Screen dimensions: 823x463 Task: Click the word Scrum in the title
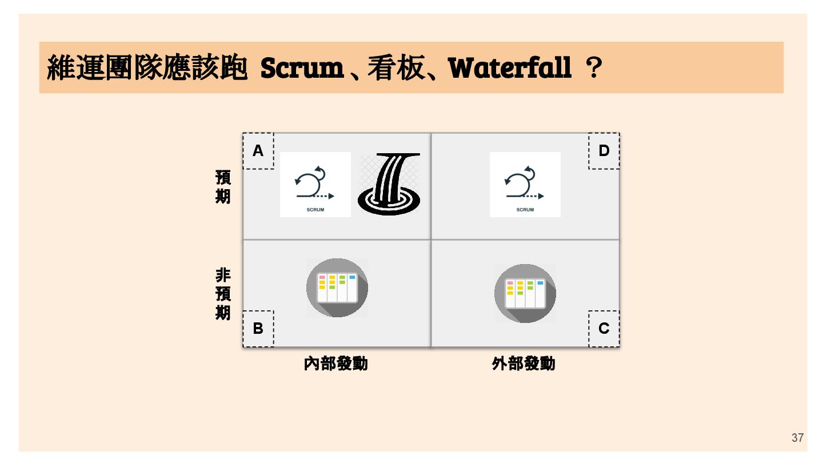301,69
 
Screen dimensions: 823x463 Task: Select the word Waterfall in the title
510,69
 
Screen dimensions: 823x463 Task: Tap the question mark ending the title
594,69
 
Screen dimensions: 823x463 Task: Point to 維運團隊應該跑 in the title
147,69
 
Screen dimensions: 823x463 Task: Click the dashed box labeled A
258,151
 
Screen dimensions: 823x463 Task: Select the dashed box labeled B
258,329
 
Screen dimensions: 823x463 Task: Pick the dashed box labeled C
604,329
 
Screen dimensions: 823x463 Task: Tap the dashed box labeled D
604,151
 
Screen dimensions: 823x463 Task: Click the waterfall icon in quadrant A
389,183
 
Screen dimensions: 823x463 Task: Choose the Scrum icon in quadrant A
315,184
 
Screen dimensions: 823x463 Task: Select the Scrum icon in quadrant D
525,184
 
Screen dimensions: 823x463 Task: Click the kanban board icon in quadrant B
337,288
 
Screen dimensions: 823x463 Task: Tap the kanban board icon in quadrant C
525,293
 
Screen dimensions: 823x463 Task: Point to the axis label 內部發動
335,364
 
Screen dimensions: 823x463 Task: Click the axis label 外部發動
523,364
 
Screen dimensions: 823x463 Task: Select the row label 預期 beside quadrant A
223,186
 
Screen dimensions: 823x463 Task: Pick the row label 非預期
223,294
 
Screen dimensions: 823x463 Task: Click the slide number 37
797,438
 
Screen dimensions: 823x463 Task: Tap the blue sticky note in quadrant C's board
540,283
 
